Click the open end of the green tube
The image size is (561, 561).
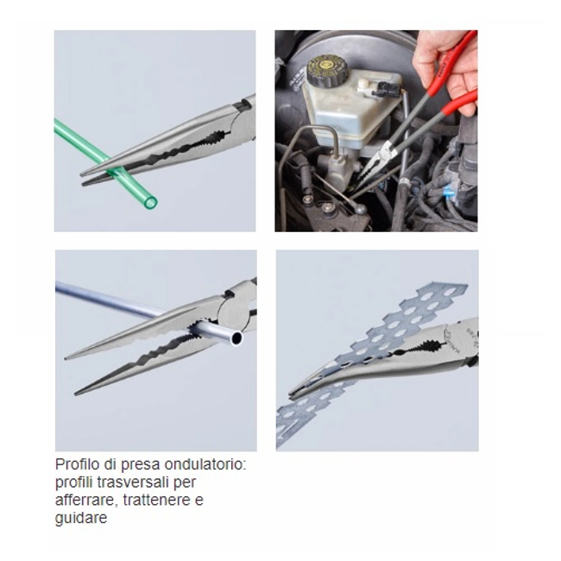(x=151, y=202)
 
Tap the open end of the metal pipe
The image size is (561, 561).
(x=236, y=337)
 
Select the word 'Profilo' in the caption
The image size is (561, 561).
(x=78, y=464)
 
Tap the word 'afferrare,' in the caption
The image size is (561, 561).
(x=87, y=500)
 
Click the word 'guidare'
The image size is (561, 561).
(x=81, y=518)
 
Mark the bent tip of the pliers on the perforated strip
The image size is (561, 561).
(x=292, y=394)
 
